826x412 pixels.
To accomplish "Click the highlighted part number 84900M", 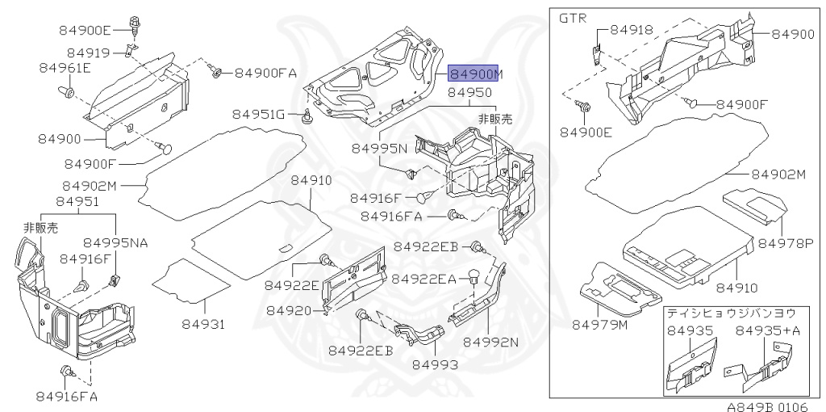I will pyautogui.click(x=475, y=74).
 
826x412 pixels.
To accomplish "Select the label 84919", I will pyautogui.click(x=89, y=53).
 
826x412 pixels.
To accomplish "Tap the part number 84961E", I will pyautogui.click(x=65, y=68).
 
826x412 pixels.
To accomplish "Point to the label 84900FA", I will pyautogui.click(x=266, y=73).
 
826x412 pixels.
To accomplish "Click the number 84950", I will pyautogui.click(x=469, y=94).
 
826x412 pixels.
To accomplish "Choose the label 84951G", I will pyautogui.click(x=260, y=115).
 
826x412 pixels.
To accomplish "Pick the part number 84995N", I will pyautogui.click(x=379, y=149).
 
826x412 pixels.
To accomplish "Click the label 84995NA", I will pyautogui.click(x=115, y=242).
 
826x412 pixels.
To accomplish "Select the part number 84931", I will pyautogui.click(x=201, y=325).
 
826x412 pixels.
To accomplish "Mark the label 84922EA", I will pyautogui.click(x=424, y=278).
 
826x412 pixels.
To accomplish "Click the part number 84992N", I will pyautogui.click(x=490, y=341).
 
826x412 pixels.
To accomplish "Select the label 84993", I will pyautogui.click(x=435, y=364).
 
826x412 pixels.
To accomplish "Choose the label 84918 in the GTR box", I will pyautogui.click(x=632, y=29).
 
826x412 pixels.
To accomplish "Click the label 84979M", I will pyautogui.click(x=600, y=325).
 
